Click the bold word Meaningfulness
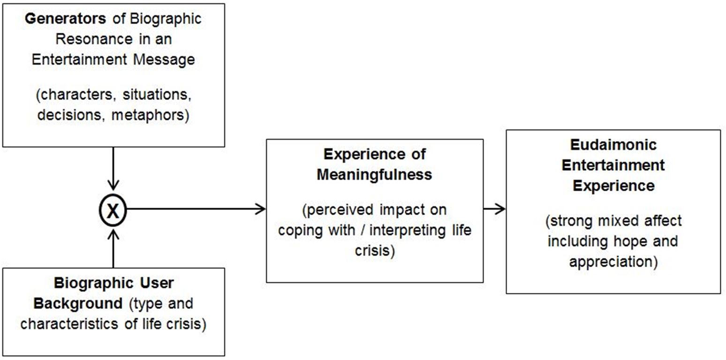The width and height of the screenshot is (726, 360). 374,174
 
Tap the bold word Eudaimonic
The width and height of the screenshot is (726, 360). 613,145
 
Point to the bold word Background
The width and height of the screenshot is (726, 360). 77,304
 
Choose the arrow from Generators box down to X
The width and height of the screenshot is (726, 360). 113,169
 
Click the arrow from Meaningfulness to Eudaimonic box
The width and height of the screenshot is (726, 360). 494,209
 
